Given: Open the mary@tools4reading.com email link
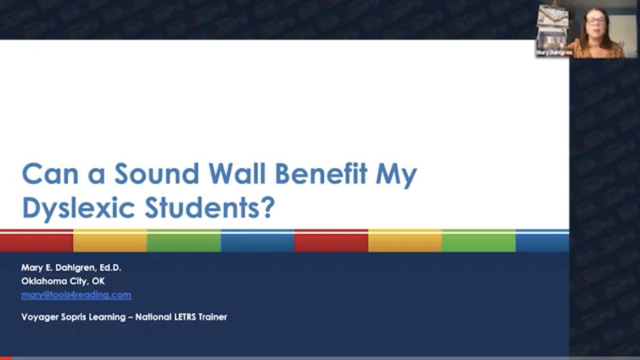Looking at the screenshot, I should click(76, 295).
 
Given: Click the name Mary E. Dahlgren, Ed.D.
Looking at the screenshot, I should click(71, 267).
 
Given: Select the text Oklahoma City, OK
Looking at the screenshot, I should click(63, 281).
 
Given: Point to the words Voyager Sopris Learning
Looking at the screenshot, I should click(73, 317).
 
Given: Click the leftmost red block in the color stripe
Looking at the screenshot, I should click(36, 241).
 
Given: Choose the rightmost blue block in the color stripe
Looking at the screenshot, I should click(542, 241).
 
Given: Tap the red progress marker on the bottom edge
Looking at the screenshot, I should click(5, 358).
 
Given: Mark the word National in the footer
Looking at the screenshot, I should click(154, 317).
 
